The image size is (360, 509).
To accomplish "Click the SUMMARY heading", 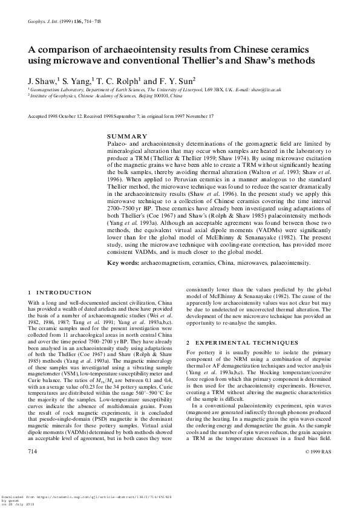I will point(126,136).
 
